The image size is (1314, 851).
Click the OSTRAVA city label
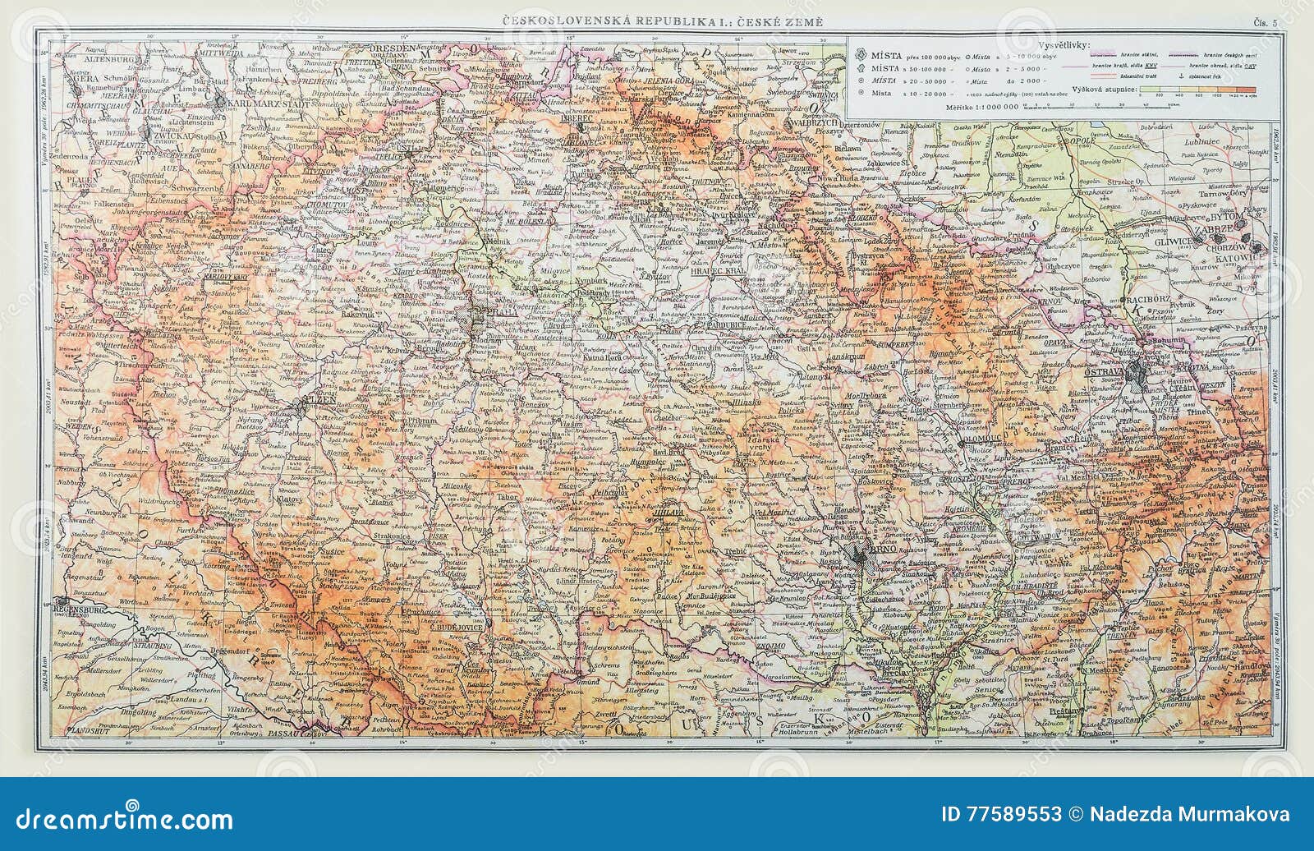[1105, 374]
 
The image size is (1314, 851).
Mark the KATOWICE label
[1239, 257]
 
